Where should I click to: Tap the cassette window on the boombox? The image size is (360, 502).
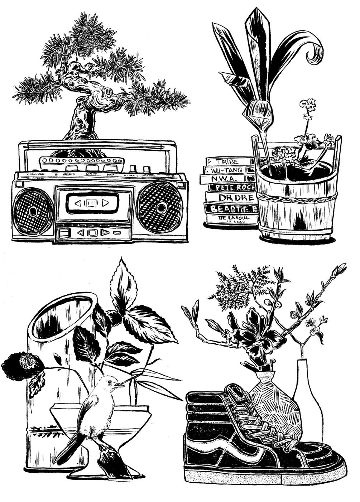[x=91, y=203]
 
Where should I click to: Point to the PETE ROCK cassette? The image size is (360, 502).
[x=231, y=187]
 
